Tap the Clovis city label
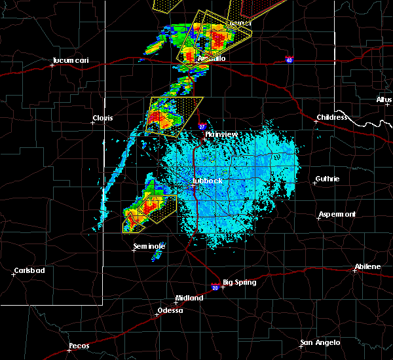pyautogui.click(x=102, y=118)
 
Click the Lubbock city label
pyautogui.click(x=208, y=181)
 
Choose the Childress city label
pyautogui.click(x=332, y=118)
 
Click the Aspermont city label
pyautogui.click(x=337, y=214)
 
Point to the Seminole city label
pyautogui.click(x=149, y=246)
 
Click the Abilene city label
pyautogui.click(x=367, y=266)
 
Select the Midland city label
pyautogui.click(x=191, y=297)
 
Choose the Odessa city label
pyautogui.click(x=170, y=310)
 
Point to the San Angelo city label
pyautogui.click(x=320, y=342)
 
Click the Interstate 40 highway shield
pyautogui.click(x=289, y=60)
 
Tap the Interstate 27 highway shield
pyautogui.click(x=202, y=126)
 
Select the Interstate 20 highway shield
pyautogui.click(x=215, y=286)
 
